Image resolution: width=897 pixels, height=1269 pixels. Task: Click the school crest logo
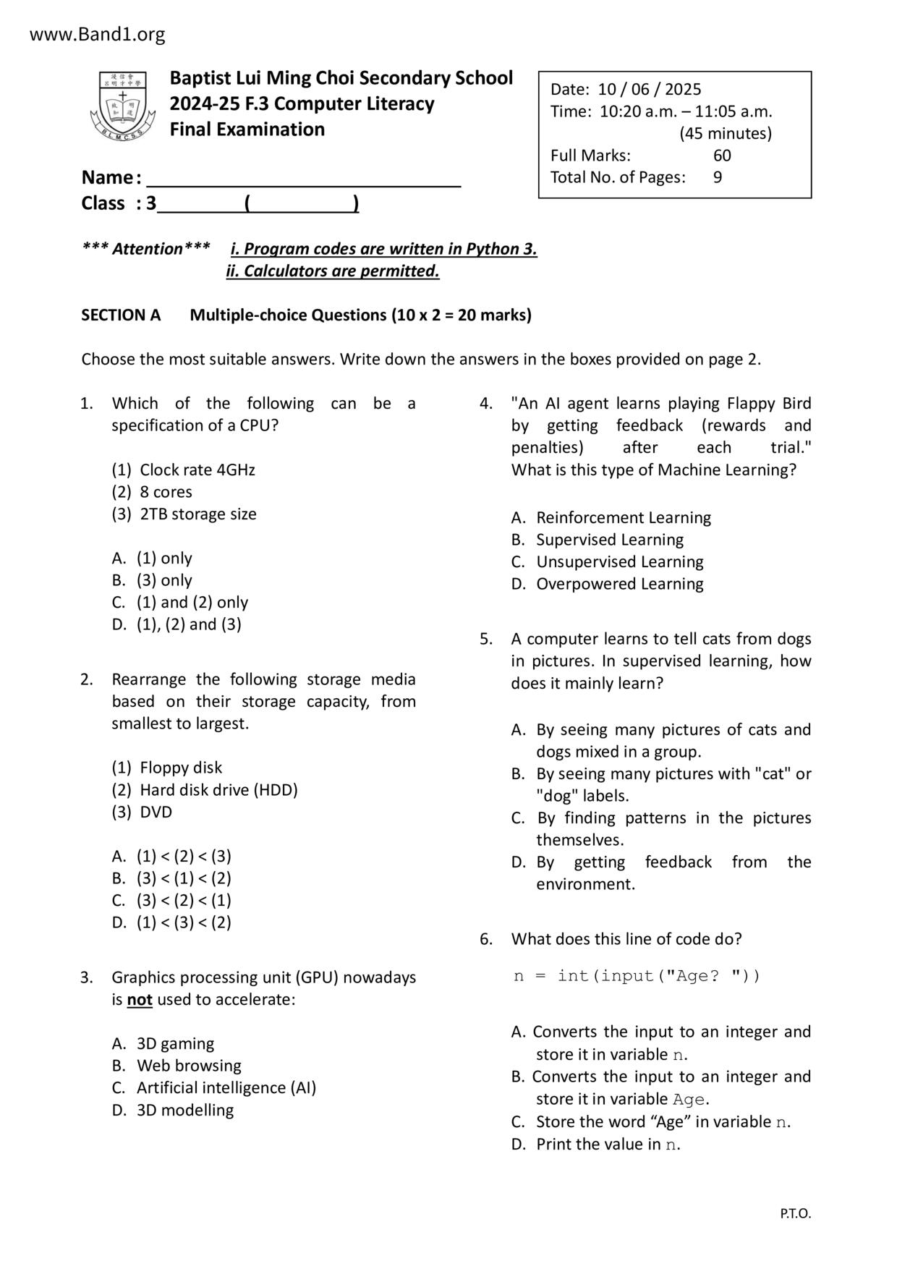122,106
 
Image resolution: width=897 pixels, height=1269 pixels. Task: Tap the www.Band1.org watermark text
98,34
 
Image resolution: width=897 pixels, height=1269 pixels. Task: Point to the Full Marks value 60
721,156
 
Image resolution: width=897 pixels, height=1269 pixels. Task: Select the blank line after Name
303,178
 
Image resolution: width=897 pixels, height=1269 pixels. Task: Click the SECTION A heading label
121,315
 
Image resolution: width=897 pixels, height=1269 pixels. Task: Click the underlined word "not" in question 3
140,1000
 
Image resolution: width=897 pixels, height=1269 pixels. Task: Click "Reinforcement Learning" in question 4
623,518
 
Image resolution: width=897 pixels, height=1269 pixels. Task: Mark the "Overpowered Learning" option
619,584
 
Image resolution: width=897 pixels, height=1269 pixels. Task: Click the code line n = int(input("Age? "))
637,976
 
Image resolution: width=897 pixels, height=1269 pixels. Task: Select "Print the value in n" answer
607,1145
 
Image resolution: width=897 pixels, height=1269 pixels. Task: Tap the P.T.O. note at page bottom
795,1214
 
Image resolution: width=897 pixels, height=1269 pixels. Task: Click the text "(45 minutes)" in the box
725,134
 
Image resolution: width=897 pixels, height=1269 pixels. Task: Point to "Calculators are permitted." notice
341,271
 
